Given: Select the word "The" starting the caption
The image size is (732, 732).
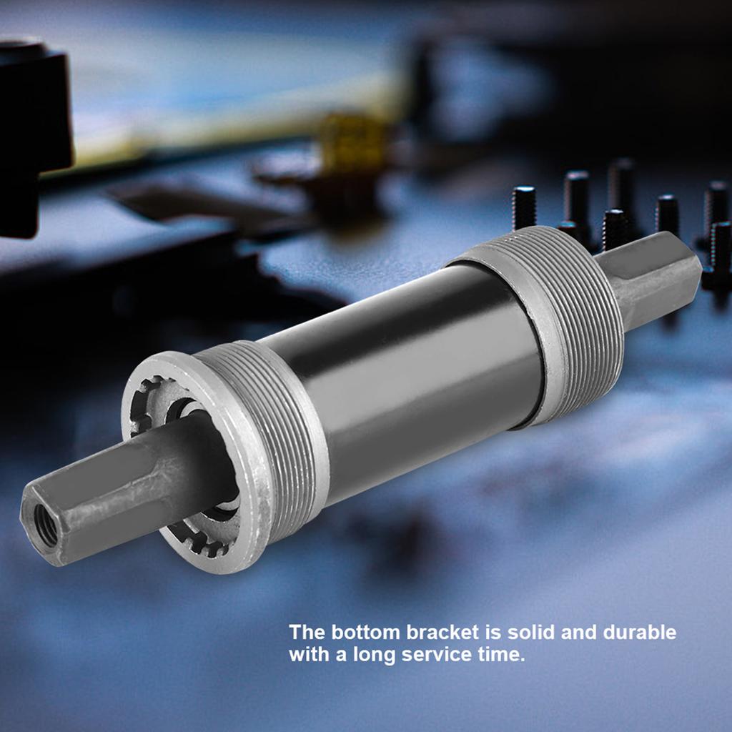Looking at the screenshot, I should [x=306, y=633].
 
